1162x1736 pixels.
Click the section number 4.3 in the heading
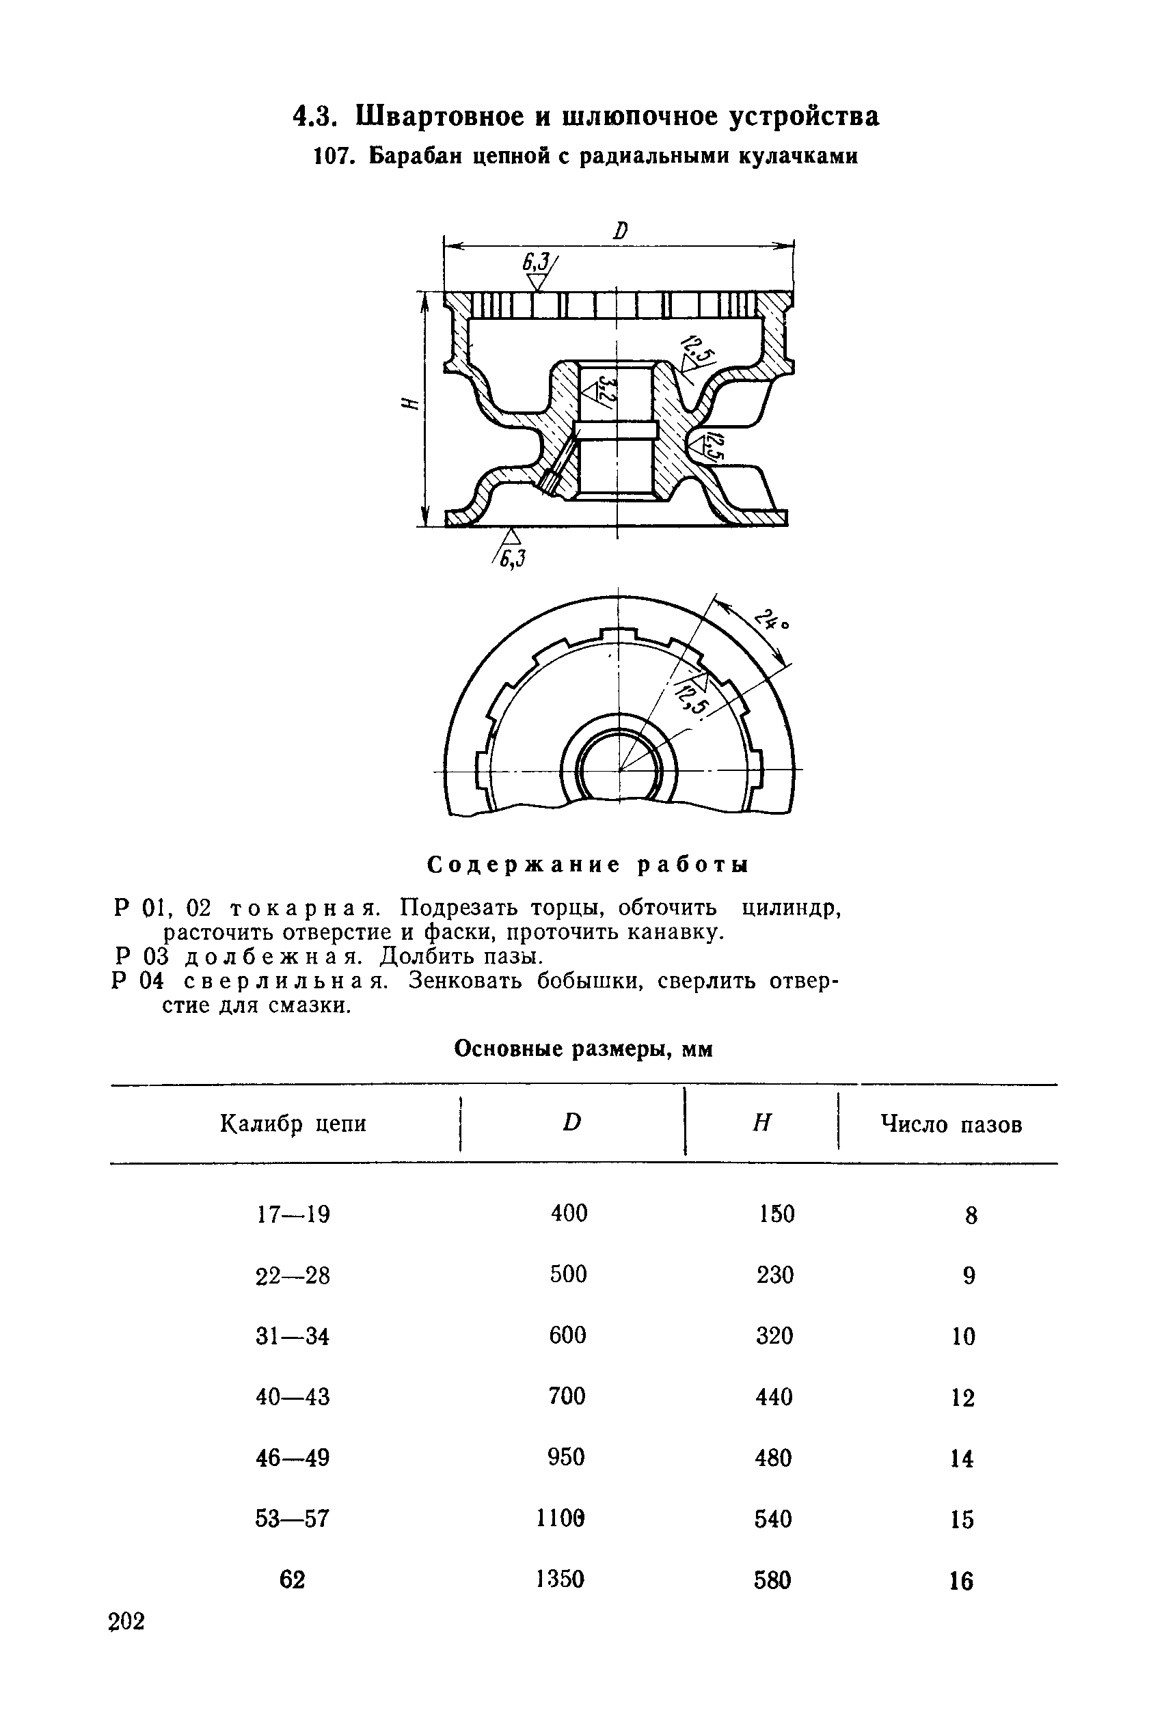(x=315, y=116)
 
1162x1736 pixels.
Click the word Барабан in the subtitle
(x=405, y=157)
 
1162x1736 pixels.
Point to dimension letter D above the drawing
(x=620, y=230)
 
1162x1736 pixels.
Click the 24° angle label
(x=772, y=619)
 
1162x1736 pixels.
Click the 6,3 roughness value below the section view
(x=511, y=558)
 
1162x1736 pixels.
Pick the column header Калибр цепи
(x=293, y=1124)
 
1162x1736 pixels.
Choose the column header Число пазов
(x=951, y=1125)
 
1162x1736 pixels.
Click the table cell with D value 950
(x=566, y=1457)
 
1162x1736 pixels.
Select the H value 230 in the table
(x=775, y=1275)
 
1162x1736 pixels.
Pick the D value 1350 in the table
(x=560, y=1579)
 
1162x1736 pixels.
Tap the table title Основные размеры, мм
(x=583, y=1048)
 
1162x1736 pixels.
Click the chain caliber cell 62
(x=292, y=1580)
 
